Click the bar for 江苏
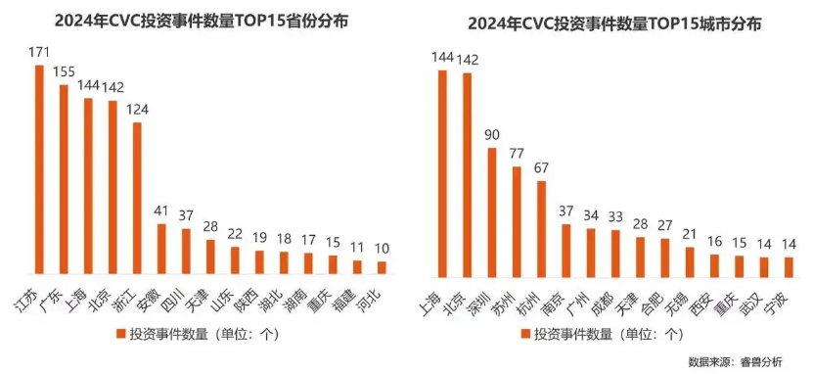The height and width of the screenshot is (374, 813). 40,169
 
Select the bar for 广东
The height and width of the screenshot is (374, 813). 65,179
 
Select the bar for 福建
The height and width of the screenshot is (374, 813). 357,266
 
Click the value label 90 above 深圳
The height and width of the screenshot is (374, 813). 492,136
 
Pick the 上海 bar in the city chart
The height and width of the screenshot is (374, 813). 442,174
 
